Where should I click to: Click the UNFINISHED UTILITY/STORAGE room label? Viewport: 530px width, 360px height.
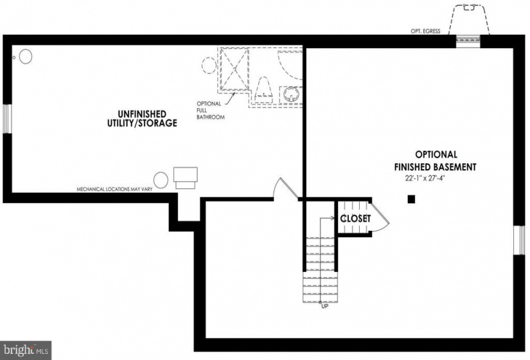coord(142,118)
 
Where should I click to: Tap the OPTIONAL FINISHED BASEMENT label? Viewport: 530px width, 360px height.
coord(436,161)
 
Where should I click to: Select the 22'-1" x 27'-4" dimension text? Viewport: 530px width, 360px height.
coord(425,178)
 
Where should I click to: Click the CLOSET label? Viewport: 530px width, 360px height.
coord(356,219)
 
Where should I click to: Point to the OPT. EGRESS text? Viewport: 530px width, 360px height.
coord(425,31)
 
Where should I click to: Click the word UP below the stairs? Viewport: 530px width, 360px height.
coord(324,307)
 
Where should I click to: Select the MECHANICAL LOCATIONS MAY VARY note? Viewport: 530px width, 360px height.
coord(114,190)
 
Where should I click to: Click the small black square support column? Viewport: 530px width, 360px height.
coord(411,199)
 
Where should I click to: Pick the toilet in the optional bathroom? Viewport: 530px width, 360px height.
coord(263,89)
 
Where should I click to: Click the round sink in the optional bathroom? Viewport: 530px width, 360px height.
coord(291,94)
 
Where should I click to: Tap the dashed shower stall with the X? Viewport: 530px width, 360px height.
coord(234,69)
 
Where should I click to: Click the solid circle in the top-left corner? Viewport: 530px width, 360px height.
coord(25,57)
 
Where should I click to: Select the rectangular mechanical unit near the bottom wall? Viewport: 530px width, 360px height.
coord(185,178)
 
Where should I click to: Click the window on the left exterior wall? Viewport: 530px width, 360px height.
coord(8,118)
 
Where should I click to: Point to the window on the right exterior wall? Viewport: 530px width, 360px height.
coord(520,240)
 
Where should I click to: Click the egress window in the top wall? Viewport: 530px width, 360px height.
coord(468,40)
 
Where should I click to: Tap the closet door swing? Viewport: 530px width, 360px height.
coord(379,217)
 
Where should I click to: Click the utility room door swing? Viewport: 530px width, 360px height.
coord(287,188)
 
